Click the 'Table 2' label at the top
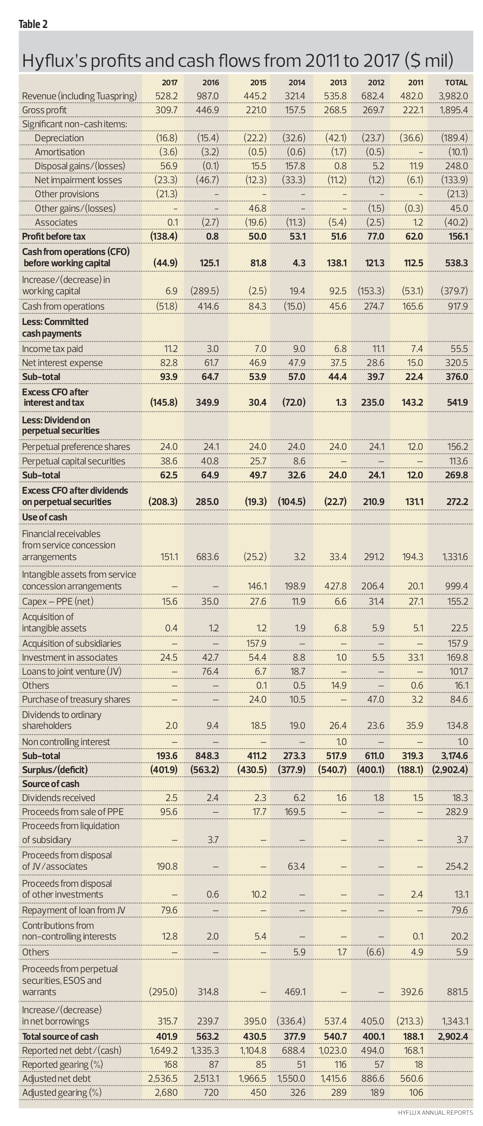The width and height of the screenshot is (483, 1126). (33, 24)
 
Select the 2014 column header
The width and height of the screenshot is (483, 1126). (297, 83)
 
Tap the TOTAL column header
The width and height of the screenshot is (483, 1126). (456, 83)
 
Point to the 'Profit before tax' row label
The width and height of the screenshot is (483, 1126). (54, 236)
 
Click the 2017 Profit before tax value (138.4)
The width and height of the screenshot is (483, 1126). (164, 236)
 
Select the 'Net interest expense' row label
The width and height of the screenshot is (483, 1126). (62, 363)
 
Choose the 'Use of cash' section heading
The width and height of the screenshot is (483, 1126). (44, 517)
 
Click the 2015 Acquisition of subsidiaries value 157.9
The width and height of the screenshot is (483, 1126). (257, 644)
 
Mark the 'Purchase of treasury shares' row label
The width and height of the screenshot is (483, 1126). (76, 700)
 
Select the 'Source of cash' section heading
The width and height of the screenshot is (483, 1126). (51, 784)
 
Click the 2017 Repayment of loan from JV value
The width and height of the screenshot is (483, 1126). (169, 910)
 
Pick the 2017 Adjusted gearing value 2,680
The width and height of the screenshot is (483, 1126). (166, 1093)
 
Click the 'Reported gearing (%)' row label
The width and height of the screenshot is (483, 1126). (62, 1065)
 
